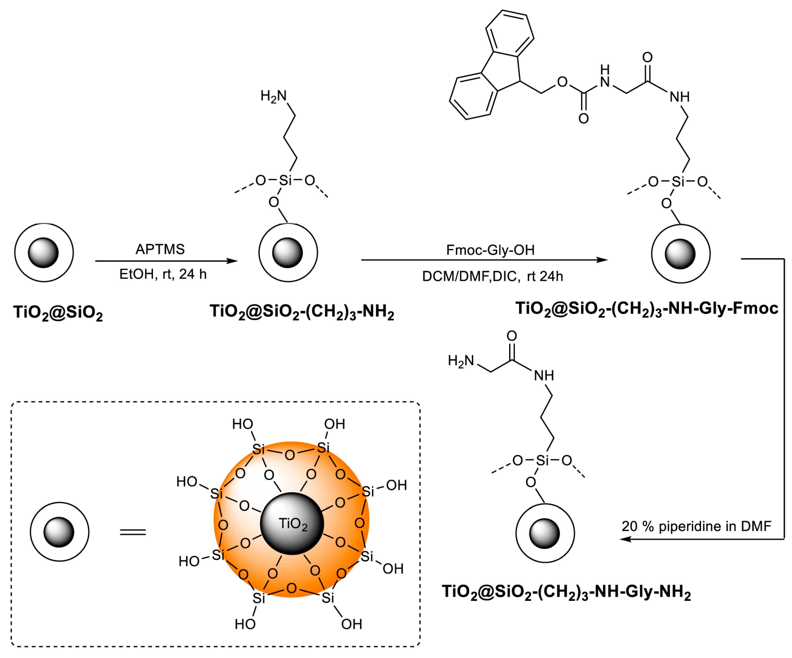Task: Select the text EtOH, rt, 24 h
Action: pos(163,274)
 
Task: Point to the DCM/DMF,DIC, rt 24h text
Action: pos(492,276)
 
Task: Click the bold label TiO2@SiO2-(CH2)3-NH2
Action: pos(302,312)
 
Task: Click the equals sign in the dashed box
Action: pos(133,532)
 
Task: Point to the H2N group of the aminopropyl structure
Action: pos(273,96)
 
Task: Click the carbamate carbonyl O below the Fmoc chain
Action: pos(583,119)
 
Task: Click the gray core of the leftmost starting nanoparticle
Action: pos(44,253)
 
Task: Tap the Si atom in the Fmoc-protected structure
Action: pos(678,182)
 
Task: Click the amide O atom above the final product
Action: pos(511,336)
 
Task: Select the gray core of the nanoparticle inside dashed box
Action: pos(59,532)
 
